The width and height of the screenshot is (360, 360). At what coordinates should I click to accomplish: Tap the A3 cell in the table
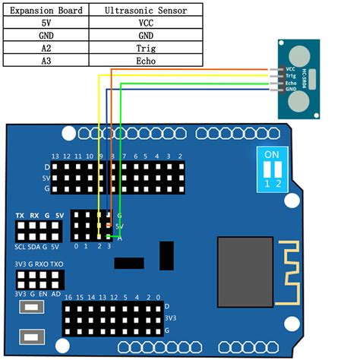coord(46,61)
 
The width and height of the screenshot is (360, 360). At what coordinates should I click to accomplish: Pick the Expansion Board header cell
coord(46,11)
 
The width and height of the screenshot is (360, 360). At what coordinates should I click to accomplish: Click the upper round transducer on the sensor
coord(299,54)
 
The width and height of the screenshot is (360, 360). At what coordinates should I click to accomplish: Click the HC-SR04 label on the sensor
coord(311,77)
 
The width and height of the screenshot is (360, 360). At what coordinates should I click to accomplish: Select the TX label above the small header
coord(21,216)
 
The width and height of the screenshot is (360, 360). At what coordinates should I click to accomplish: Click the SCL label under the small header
coord(21,247)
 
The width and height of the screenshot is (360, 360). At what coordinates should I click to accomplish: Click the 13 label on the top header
coord(55,156)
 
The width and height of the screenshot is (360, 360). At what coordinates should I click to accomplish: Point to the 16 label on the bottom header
coord(68,296)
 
